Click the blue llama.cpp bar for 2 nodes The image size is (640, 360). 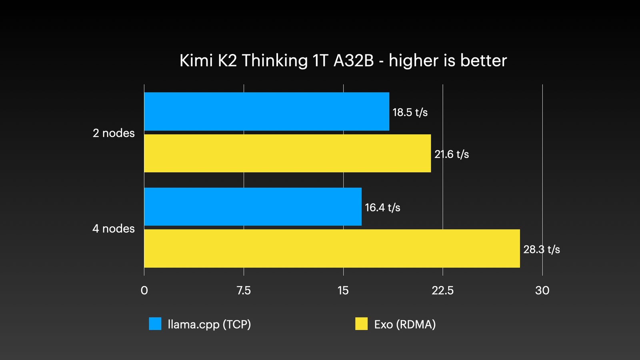[x=266, y=112]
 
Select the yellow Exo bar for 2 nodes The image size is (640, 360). [x=287, y=154]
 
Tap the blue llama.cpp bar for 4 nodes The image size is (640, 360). [x=253, y=207]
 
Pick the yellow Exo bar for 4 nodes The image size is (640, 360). [x=332, y=248]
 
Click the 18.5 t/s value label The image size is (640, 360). [x=410, y=112]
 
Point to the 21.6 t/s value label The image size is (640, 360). [x=452, y=154]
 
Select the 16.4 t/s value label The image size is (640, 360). [x=382, y=208]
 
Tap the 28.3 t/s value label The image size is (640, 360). [x=542, y=250]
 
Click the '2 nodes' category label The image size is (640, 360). [x=114, y=133]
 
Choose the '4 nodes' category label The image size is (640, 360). [x=114, y=229]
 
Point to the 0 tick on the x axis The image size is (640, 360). [x=144, y=290]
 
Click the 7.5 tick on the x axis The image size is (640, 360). [x=244, y=290]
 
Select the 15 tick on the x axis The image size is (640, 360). [x=343, y=290]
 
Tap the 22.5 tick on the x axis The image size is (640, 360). [x=442, y=290]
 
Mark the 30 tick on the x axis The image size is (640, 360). [x=542, y=290]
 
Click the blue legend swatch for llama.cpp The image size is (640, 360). [x=155, y=324]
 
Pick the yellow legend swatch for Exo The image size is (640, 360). [x=361, y=324]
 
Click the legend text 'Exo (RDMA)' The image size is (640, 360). [x=405, y=324]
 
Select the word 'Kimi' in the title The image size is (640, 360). [x=196, y=61]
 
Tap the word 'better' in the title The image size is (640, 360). [x=483, y=61]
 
